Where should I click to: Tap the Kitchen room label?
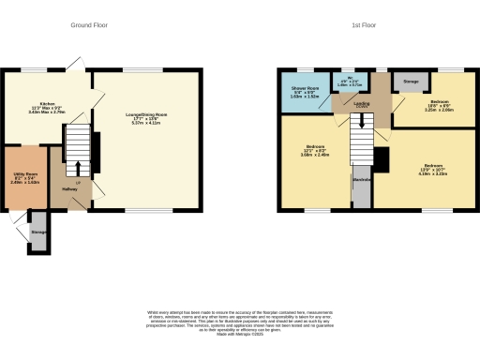click(48, 106)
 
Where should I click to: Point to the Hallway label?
click(69, 188)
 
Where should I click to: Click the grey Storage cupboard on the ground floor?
click(37, 233)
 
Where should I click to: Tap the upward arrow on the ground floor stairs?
click(78, 168)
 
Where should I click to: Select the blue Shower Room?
click(304, 93)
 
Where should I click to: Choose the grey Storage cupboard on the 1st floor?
click(411, 83)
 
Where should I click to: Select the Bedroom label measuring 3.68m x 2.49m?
click(314, 150)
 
